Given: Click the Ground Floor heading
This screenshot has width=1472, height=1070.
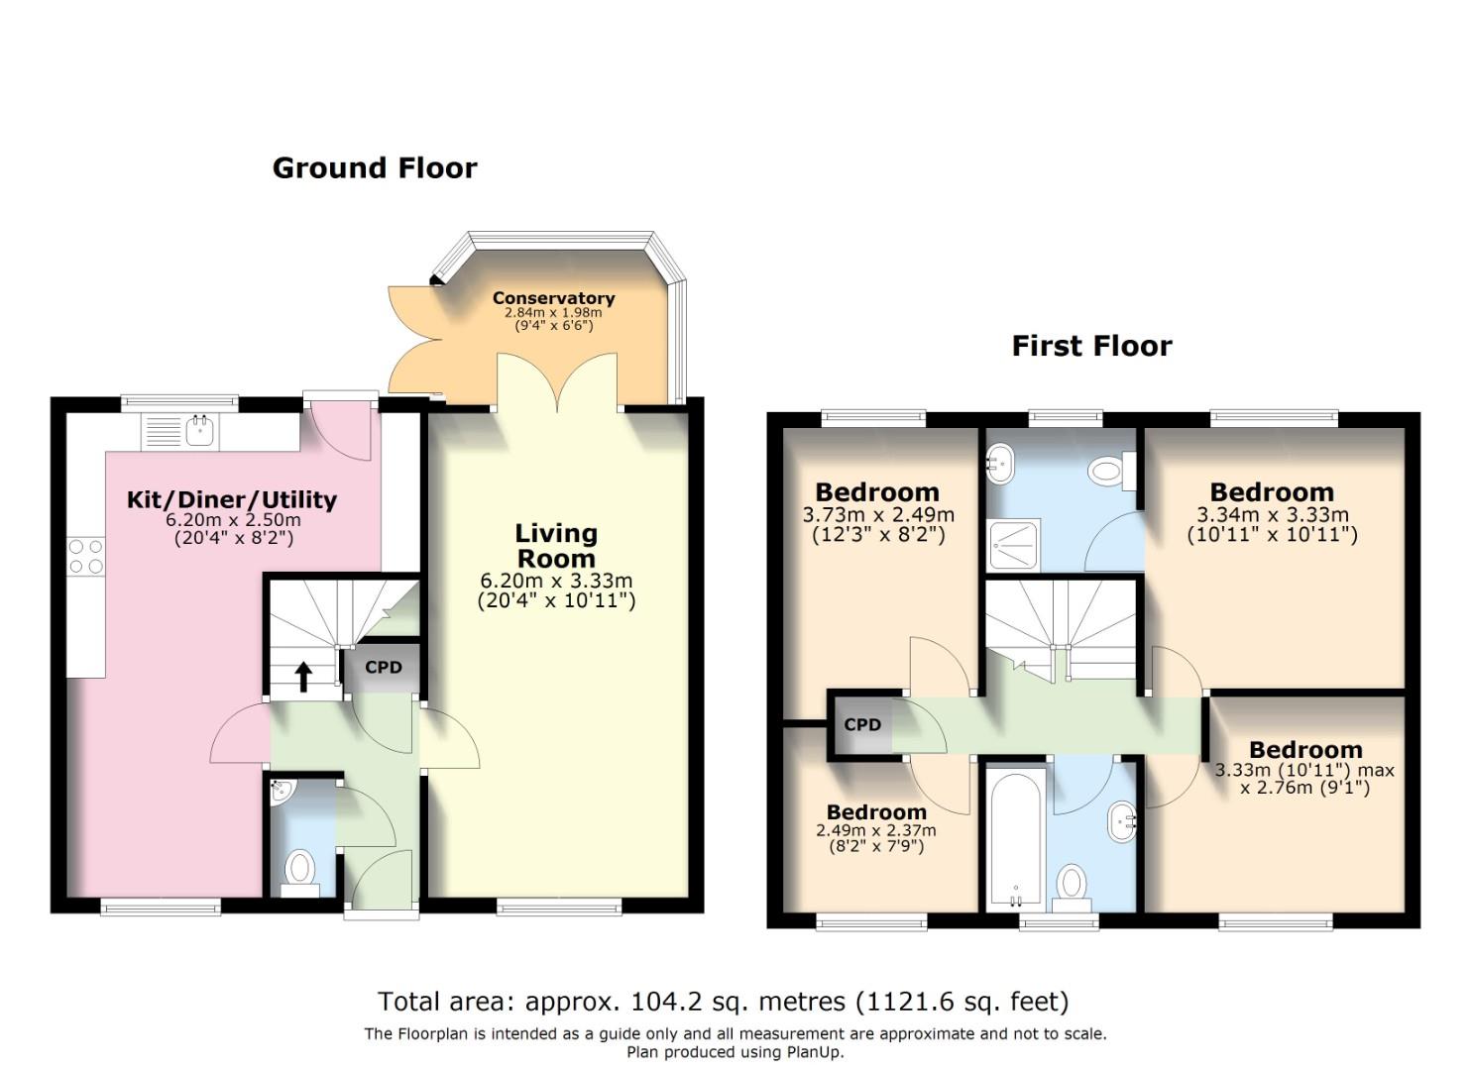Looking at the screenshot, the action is pyautogui.click(x=375, y=168).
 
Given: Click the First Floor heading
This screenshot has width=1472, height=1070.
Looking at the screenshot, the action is pyautogui.click(x=1091, y=346).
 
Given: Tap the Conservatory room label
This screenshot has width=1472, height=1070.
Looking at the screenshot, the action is pyautogui.click(x=553, y=298).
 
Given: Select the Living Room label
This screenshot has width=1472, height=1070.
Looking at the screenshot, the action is pyautogui.click(x=556, y=546).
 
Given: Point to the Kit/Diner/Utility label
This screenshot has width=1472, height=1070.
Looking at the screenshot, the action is pyautogui.click(x=231, y=500).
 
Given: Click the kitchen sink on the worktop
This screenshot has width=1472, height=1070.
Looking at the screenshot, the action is pyautogui.click(x=199, y=430).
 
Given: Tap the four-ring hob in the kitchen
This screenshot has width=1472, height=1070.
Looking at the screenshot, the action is pyautogui.click(x=86, y=556).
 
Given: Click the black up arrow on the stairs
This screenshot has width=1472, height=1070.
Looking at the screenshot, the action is pyautogui.click(x=303, y=677).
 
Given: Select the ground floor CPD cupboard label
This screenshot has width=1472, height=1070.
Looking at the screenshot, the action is pyautogui.click(x=383, y=668).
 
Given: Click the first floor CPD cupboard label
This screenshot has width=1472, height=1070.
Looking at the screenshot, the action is pyautogui.click(x=862, y=724).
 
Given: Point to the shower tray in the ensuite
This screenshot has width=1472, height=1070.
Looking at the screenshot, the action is pyautogui.click(x=1014, y=544).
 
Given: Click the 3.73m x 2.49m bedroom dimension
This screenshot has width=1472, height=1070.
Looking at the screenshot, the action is pyautogui.click(x=878, y=514).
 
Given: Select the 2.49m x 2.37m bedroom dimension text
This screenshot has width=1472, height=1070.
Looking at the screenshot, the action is pyautogui.click(x=876, y=830).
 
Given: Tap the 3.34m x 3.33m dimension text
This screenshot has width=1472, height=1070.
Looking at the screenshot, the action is pyautogui.click(x=1272, y=514).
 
